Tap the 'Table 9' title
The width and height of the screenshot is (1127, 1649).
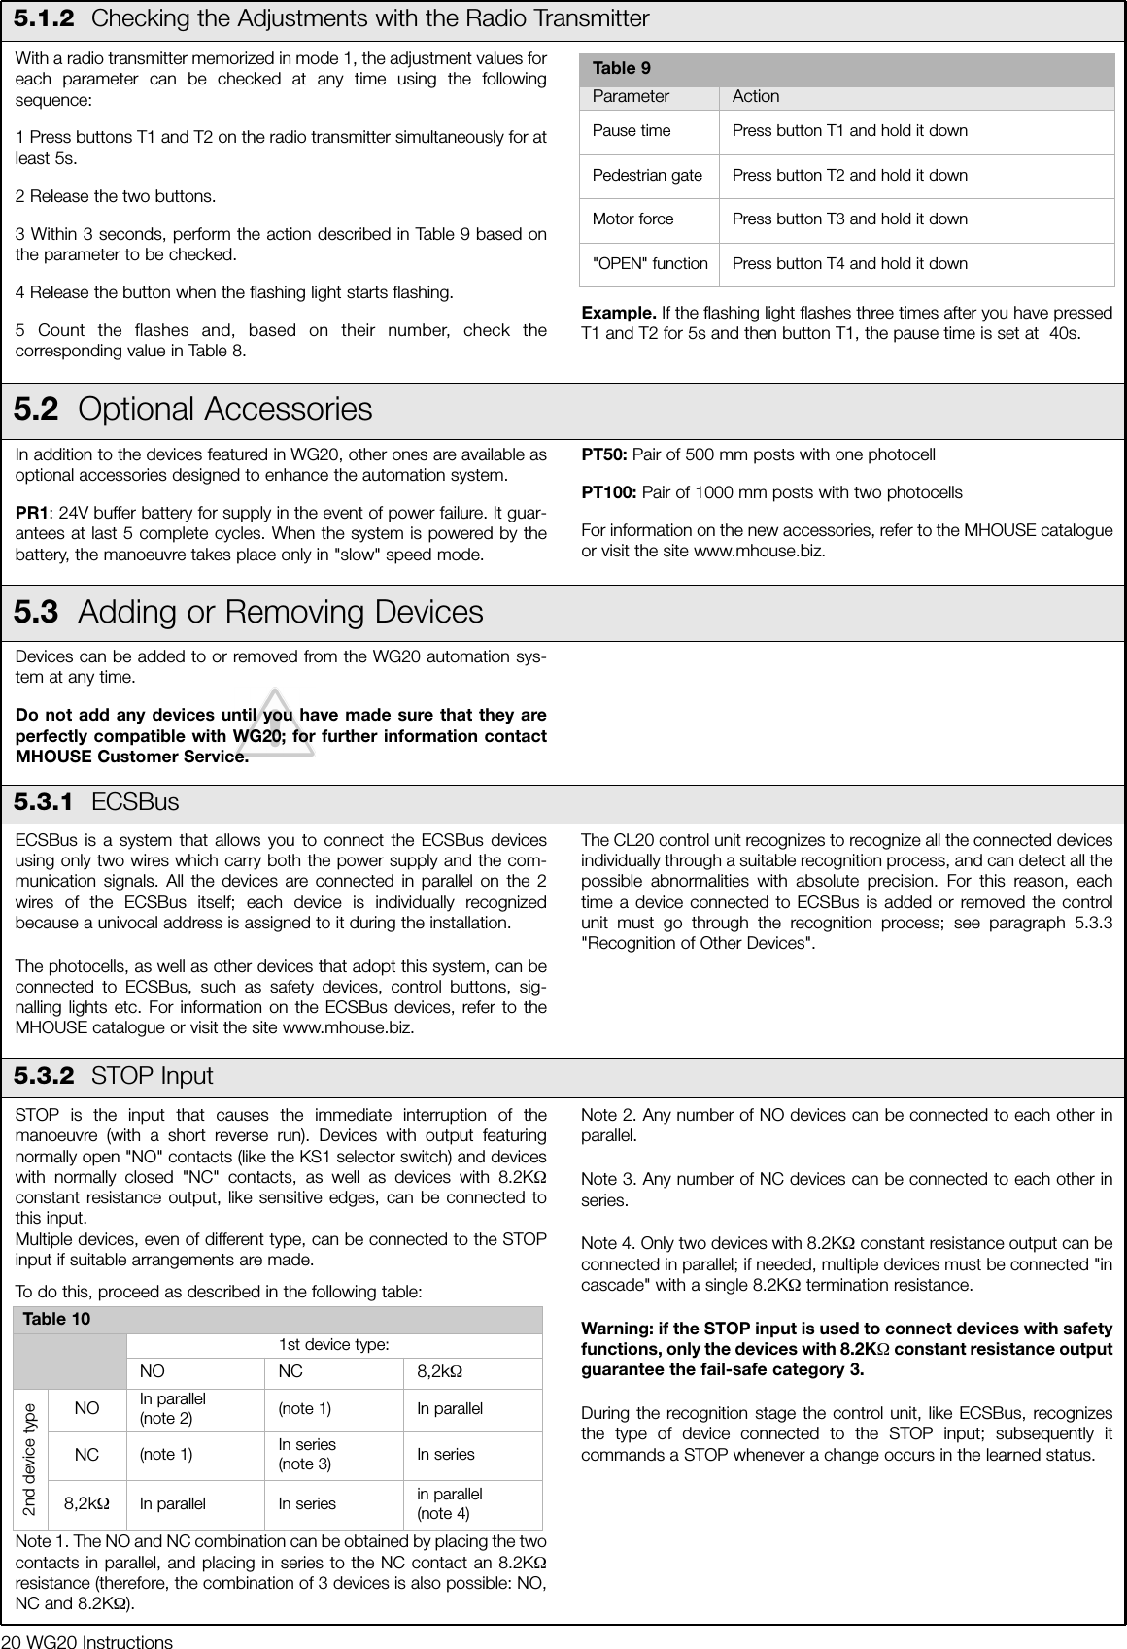click(622, 68)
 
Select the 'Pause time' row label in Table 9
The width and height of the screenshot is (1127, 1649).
click(632, 131)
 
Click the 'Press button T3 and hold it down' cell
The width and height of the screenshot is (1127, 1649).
click(850, 219)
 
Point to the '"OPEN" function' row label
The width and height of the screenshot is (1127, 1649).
click(650, 264)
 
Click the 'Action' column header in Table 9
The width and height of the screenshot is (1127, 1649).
click(756, 96)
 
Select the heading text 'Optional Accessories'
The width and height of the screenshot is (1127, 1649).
click(224, 409)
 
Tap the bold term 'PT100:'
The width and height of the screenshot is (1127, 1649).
click(609, 492)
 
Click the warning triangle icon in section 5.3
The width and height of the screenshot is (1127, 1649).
click(276, 724)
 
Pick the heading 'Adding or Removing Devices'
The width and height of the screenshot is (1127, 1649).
click(280, 612)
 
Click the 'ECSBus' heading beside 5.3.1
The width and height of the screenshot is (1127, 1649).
click(135, 802)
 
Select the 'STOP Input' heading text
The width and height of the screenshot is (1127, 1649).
click(152, 1076)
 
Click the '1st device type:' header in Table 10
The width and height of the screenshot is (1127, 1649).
click(334, 1345)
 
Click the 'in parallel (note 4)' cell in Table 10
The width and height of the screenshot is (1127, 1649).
click(450, 1503)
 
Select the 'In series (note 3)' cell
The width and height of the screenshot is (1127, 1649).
click(307, 1454)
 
